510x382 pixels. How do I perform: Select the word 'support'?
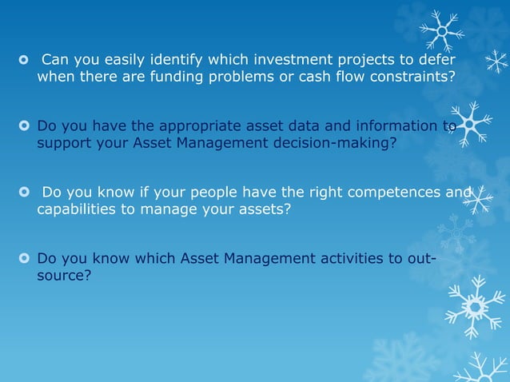click(x=64, y=144)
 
